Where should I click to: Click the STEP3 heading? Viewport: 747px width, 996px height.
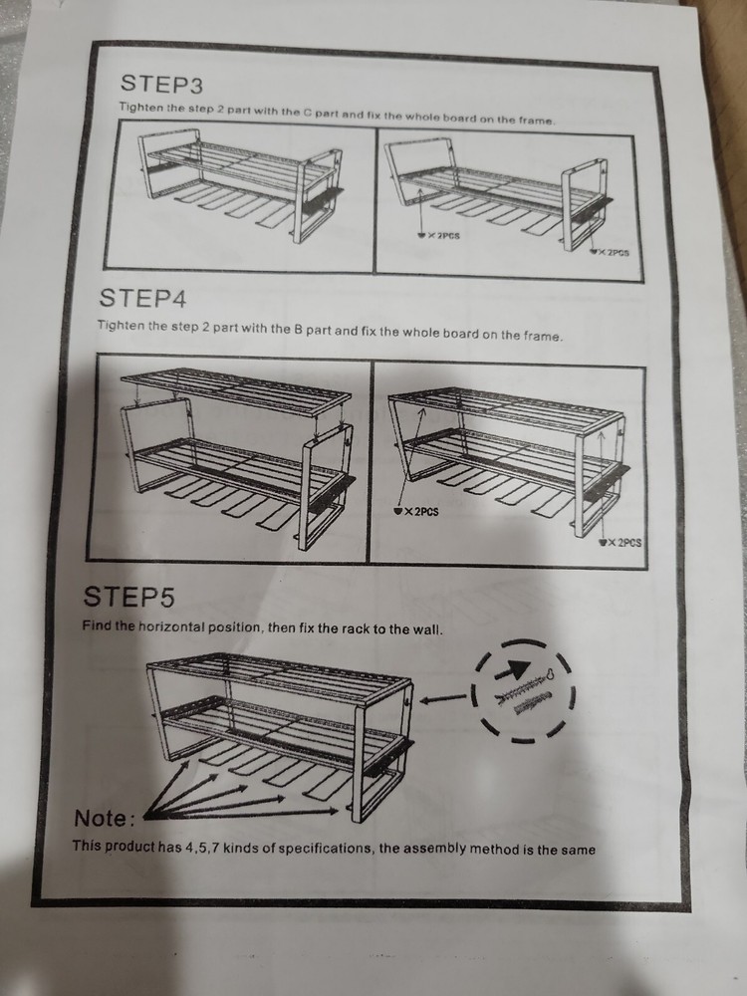161,84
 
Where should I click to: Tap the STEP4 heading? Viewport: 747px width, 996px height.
142,297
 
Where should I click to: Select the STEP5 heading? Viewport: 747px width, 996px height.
128,597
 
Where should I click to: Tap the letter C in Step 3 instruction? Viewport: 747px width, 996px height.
307,113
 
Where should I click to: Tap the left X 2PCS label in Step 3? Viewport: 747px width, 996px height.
438,236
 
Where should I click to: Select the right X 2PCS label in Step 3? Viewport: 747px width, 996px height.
610,252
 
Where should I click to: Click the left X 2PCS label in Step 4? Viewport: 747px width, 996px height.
416,511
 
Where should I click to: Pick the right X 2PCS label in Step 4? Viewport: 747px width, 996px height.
621,543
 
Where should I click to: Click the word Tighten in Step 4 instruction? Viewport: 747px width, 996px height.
121,326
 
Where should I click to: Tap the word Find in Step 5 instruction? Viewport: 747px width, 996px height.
96,625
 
